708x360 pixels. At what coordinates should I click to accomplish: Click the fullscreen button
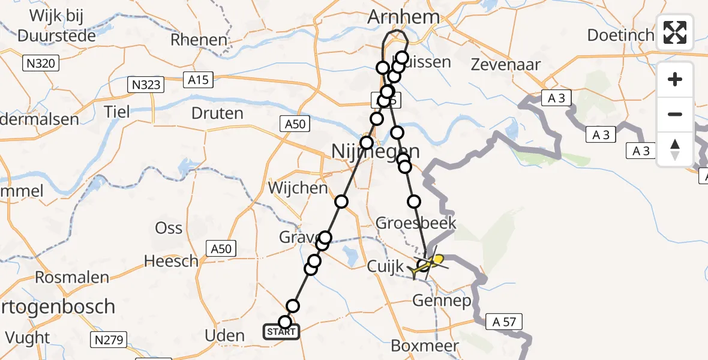click(675, 32)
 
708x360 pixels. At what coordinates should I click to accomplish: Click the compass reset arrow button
click(675, 149)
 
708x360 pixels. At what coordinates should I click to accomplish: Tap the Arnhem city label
click(405, 17)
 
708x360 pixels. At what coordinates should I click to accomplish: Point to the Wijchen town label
click(298, 188)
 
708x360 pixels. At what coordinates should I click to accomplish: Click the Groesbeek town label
click(416, 223)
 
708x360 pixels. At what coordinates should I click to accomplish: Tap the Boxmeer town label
click(425, 346)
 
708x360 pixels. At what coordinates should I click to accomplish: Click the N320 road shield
click(41, 62)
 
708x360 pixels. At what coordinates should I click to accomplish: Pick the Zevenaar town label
click(506, 64)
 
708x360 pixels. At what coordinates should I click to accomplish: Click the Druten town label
click(217, 113)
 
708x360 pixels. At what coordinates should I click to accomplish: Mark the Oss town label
click(169, 228)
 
